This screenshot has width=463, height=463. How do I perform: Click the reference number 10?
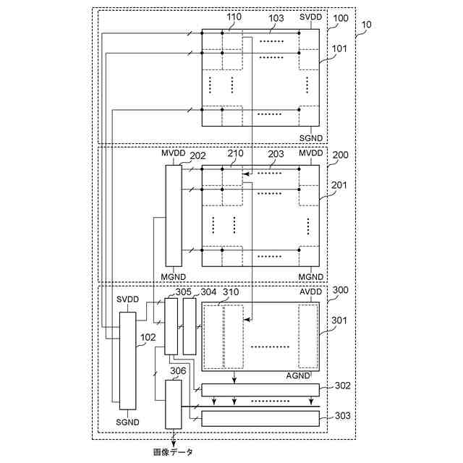367,24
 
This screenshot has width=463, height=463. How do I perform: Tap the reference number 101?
339,49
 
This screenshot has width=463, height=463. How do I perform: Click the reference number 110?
234,16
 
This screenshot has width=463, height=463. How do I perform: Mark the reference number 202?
197,154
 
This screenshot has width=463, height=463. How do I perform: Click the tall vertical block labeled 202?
174,215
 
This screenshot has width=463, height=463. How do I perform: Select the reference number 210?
234,154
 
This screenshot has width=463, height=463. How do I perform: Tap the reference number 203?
276,154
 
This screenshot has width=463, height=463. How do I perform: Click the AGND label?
298,376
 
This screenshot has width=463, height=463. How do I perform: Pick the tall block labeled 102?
127,360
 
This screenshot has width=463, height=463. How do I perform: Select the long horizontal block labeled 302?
260,390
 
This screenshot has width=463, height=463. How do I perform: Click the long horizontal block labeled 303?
260,417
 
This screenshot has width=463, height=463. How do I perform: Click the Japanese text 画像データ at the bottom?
174,452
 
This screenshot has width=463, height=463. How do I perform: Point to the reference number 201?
339,185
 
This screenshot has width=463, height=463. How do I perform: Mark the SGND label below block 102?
127,421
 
